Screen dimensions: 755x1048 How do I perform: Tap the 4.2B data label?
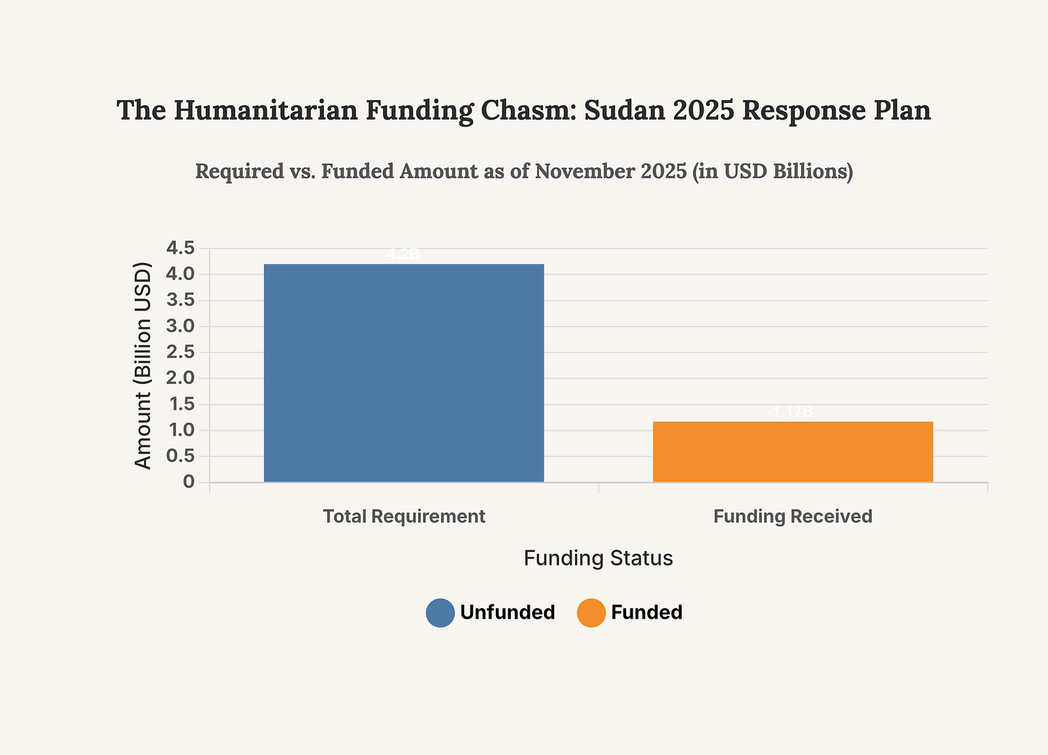click(403, 254)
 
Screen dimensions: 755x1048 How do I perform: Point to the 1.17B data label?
click(792, 412)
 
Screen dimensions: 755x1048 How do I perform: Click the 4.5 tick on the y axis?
click(180, 249)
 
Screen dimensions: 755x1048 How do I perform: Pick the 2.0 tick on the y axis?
click(180, 378)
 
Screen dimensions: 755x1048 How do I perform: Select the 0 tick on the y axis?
click(189, 482)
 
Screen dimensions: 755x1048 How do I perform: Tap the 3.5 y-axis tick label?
click(180, 300)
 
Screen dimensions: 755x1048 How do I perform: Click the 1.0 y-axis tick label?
click(180, 430)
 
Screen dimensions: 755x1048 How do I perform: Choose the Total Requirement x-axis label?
click(404, 517)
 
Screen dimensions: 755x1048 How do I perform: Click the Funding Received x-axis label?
click(792, 517)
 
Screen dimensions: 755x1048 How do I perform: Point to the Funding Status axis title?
click(598, 558)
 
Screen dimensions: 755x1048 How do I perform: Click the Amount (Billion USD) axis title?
click(143, 366)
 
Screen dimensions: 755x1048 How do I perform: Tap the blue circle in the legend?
click(440, 613)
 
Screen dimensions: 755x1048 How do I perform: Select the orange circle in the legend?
click(591, 613)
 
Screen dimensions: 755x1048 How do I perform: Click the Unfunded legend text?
click(507, 613)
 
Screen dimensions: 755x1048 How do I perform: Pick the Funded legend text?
click(646, 613)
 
